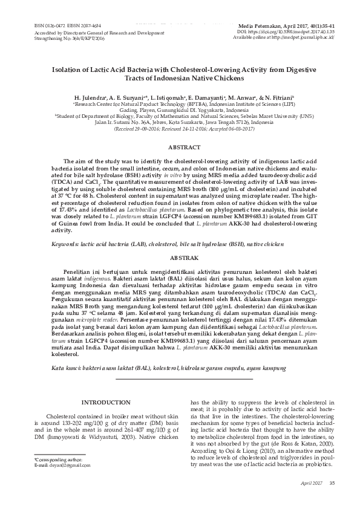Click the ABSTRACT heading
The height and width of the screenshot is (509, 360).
pos(180,148)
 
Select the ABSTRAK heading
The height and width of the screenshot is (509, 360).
pos(180,256)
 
